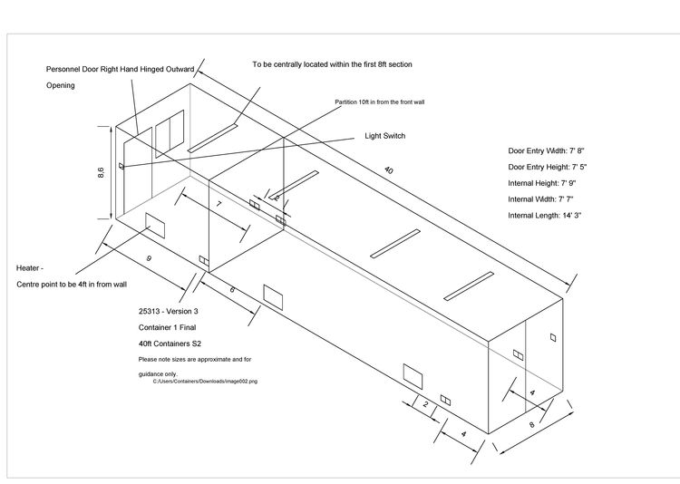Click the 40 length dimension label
(389, 169)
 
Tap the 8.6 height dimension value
(101, 172)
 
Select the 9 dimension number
(148, 259)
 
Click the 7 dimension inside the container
(219, 207)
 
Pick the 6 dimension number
(232, 290)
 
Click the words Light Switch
(384, 136)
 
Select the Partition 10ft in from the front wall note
(380, 102)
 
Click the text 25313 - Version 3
(162, 311)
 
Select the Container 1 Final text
(161, 327)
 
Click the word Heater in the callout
(30, 268)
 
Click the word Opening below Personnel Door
(60, 85)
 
